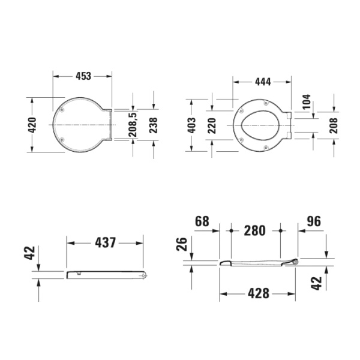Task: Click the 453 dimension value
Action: click(83, 76)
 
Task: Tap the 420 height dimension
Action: click(32, 125)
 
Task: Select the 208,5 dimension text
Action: click(133, 125)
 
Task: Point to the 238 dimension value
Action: click(153, 125)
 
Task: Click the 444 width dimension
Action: click(263, 82)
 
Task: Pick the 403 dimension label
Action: click(192, 125)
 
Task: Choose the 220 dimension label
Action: click(212, 125)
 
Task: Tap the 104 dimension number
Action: click(306, 101)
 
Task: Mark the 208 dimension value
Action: click(334, 125)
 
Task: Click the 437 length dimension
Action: click(106, 242)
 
